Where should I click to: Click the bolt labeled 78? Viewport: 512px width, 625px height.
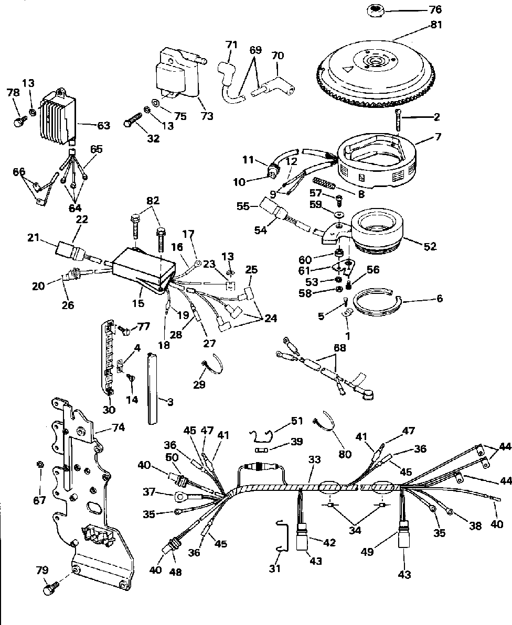pyautogui.click(x=19, y=121)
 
